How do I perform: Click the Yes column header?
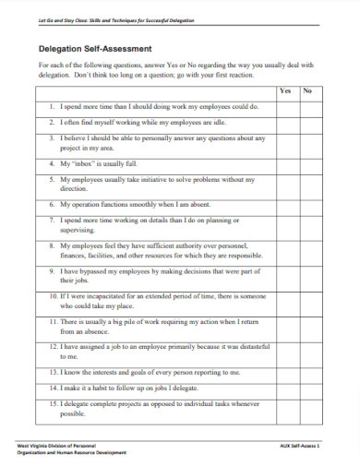285,90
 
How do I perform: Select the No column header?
307,90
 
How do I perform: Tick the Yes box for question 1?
285,106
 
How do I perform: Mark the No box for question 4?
307,161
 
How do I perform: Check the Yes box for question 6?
285,202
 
